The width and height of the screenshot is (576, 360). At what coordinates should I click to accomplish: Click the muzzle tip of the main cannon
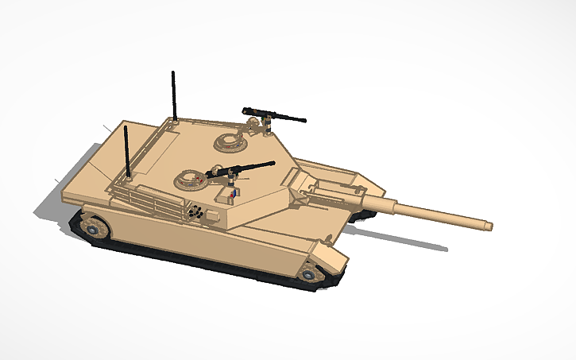489,226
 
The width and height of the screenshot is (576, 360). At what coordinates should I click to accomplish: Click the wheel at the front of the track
310,274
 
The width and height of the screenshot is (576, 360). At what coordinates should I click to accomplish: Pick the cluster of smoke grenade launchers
195,211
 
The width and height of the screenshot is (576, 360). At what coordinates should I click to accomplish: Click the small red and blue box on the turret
231,193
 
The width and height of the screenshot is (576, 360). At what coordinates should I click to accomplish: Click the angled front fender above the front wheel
326,256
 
